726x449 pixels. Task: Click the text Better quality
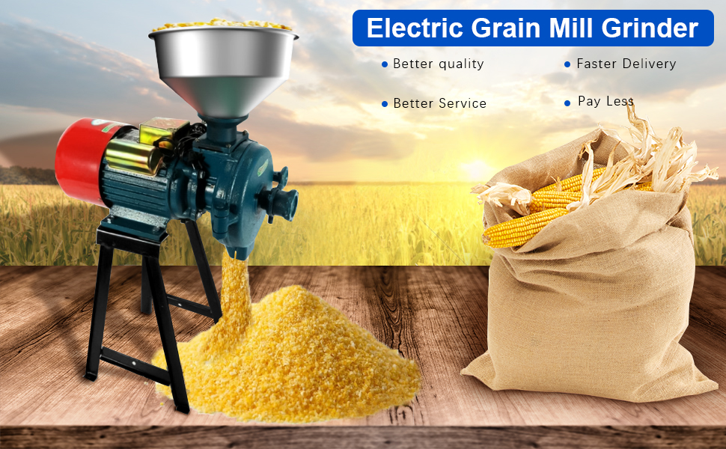(439, 64)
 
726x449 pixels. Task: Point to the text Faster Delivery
(626, 64)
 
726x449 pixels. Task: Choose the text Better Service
(439, 103)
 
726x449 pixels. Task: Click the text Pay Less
(605, 101)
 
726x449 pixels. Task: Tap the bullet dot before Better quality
(385, 64)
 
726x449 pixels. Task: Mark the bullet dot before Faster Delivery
(567, 64)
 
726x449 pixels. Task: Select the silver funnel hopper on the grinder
(223, 67)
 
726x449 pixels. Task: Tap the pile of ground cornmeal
(292, 359)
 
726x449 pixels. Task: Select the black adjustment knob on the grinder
(281, 198)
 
